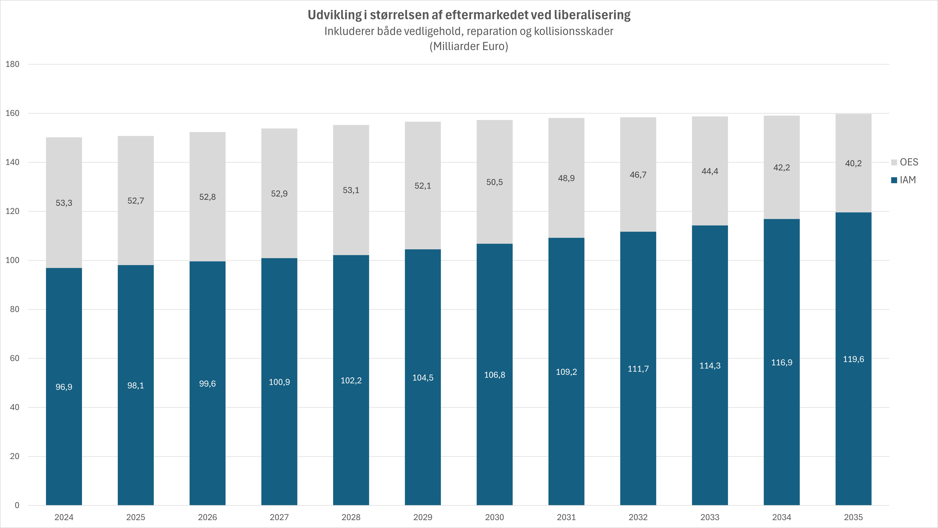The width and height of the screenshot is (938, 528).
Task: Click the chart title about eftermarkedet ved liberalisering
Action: (469, 15)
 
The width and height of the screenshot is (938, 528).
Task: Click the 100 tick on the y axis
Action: (13, 260)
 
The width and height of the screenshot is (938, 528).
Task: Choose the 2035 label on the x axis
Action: (853, 517)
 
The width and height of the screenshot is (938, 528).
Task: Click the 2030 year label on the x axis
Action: (494, 517)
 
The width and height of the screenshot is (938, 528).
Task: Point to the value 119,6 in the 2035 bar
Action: (853, 359)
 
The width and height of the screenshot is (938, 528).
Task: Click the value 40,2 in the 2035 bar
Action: (853, 163)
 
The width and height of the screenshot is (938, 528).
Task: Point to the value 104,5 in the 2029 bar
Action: (423, 378)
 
